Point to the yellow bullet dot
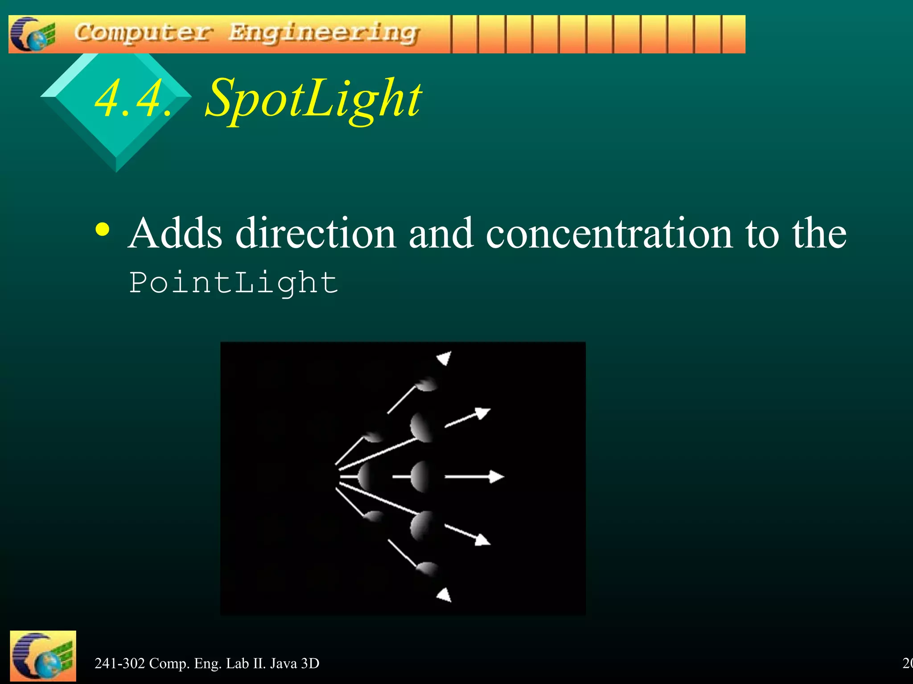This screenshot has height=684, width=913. point(102,230)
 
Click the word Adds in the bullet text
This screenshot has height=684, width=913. point(175,233)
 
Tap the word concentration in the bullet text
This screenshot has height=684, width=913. point(609,233)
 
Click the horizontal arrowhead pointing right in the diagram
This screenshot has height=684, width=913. point(496,476)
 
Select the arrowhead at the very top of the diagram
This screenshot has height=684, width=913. point(444,358)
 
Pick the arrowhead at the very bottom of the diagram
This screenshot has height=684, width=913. point(444,595)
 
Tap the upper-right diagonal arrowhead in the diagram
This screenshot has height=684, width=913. point(481,414)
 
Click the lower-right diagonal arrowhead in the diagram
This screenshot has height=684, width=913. point(481,539)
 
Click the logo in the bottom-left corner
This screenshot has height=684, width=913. point(43,655)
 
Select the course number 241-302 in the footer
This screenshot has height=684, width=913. point(119,664)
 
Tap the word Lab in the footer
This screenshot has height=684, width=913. point(238,664)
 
